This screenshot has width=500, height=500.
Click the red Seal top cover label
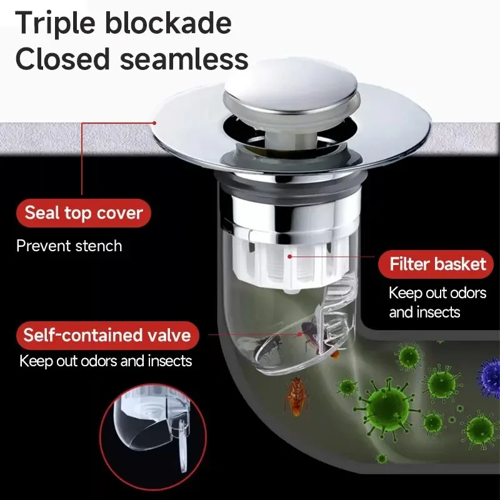click(x=84, y=213)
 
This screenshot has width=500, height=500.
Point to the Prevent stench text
click(x=69, y=246)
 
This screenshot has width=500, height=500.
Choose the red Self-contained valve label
click(x=107, y=335)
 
